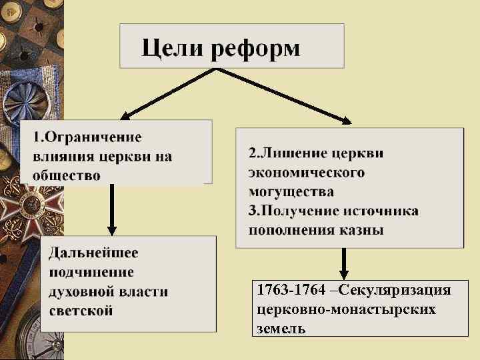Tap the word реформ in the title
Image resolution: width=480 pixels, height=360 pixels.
pos(256,49)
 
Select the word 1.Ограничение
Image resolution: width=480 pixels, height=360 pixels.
pos(87,137)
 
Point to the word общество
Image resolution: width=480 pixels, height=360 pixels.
pos(67,176)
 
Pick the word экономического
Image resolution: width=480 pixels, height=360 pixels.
pos(306,172)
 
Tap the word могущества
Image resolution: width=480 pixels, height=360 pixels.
pos(291,191)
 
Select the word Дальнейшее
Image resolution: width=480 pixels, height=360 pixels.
pos(94,253)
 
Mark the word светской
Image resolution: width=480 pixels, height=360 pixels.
pos(81,311)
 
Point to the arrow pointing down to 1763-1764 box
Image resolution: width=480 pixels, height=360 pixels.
pos(344,264)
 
